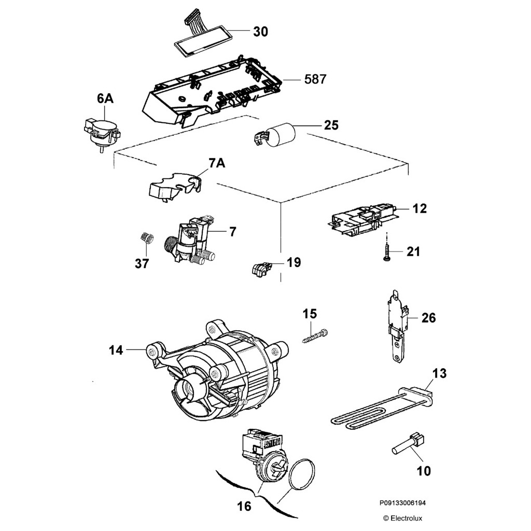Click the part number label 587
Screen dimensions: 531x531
tap(315, 79)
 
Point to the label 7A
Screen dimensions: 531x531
tap(217, 164)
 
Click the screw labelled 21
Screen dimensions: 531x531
tap(387, 251)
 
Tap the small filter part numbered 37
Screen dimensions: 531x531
tap(146, 239)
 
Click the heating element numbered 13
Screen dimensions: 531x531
tap(379, 413)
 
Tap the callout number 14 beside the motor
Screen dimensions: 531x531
tap(116, 351)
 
